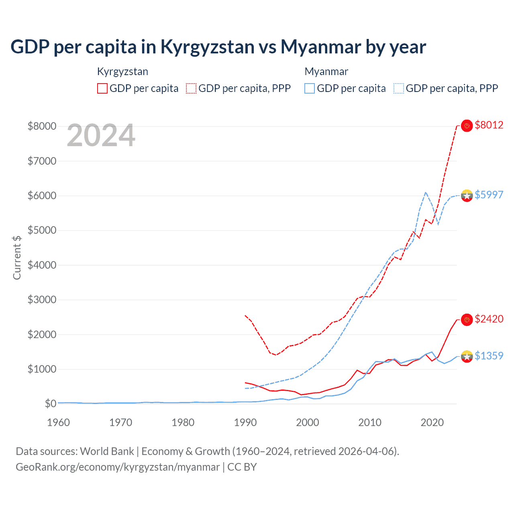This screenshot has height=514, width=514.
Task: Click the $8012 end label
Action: (x=489, y=125)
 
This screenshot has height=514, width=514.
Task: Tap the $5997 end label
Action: (x=489, y=195)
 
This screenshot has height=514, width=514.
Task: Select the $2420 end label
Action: (x=489, y=319)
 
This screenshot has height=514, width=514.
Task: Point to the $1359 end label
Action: (x=489, y=356)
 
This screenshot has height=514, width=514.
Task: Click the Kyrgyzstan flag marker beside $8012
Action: (x=467, y=126)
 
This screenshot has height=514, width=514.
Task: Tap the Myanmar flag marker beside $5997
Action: (x=467, y=196)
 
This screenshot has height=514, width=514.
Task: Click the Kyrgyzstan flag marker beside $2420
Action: (x=467, y=320)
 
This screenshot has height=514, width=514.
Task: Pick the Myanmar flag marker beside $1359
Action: (x=467, y=356)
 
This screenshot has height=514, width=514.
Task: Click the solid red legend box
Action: (x=102, y=88)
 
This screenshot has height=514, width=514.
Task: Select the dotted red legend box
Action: (x=192, y=88)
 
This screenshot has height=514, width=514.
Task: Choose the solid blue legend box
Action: (x=310, y=88)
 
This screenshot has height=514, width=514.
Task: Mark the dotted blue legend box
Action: (x=399, y=88)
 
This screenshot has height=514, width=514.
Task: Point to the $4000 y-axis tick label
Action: (x=42, y=265)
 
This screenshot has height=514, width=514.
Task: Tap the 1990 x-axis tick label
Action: (x=245, y=422)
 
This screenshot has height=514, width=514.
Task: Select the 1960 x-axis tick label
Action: (x=59, y=422)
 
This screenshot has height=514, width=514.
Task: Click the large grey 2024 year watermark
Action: (x=101, y=136)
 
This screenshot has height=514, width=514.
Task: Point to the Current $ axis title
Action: (x=17, y=257)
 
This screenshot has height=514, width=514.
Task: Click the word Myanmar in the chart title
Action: (x=320, y=47)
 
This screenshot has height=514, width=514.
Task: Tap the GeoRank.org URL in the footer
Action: (x=118, y=467)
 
